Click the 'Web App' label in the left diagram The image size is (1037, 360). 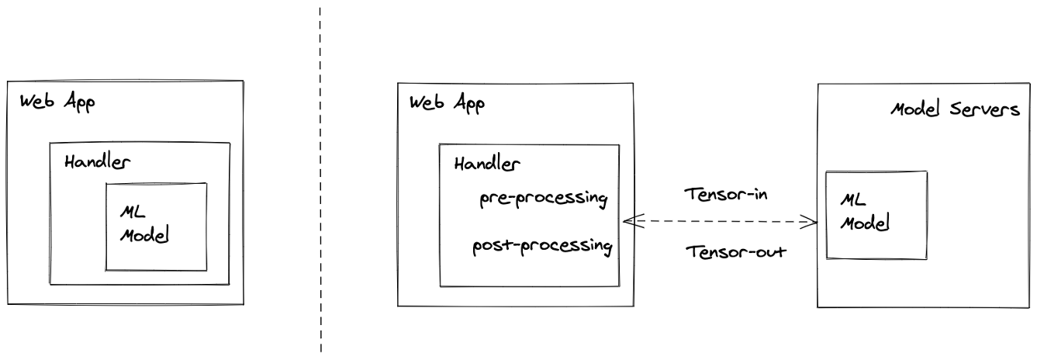[57, 104]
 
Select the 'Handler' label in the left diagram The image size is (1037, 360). [98, 163]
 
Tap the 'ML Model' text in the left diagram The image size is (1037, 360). [143, 224]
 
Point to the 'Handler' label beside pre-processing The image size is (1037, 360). [487, 164]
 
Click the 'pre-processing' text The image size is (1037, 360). [542, 199]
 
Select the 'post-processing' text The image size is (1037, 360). [542, 247]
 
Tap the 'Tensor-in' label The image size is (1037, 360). [725, 194]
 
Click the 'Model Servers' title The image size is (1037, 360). [954, 109]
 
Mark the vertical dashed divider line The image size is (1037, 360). [320, 178]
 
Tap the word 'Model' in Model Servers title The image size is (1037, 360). [917, 109]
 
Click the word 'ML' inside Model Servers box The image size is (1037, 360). [852, 201]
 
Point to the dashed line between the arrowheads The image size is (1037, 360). [721, 223]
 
